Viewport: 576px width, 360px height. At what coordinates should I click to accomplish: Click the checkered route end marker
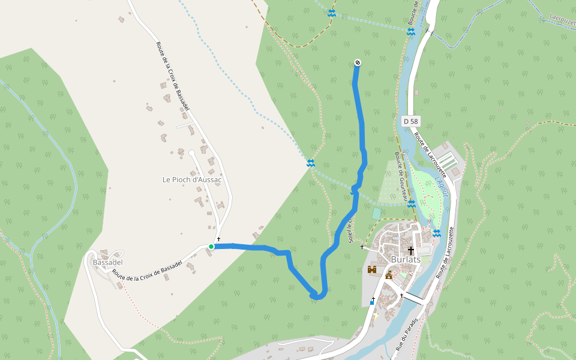pos(358,62)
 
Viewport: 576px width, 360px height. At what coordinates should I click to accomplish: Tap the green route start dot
pos(211,246)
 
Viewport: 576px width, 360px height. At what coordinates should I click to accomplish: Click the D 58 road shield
pos(410,121)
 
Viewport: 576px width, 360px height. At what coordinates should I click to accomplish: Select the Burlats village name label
pos(406,259)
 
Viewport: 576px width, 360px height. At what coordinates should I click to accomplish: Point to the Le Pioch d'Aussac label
pos(192,179)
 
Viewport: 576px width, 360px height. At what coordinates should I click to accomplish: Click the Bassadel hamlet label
pos(108,262)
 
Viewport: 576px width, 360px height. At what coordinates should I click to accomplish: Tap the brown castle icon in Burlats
pos(372,270)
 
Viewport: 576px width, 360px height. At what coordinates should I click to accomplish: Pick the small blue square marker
pos(372,302)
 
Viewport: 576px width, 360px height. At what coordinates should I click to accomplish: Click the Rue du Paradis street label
pos(406,335)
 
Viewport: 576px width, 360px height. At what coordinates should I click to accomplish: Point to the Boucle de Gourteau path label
pos(401,176)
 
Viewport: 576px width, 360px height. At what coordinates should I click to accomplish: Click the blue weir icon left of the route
pos(310,163)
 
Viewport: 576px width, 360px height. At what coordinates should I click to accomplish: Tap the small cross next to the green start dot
pos(219,239)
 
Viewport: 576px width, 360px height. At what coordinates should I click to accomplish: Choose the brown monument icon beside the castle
pos(388,275)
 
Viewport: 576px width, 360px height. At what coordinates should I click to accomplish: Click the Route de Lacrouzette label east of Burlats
pos(445,252)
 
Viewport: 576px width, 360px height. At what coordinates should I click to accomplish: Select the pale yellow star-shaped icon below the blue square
pos(377,315)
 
